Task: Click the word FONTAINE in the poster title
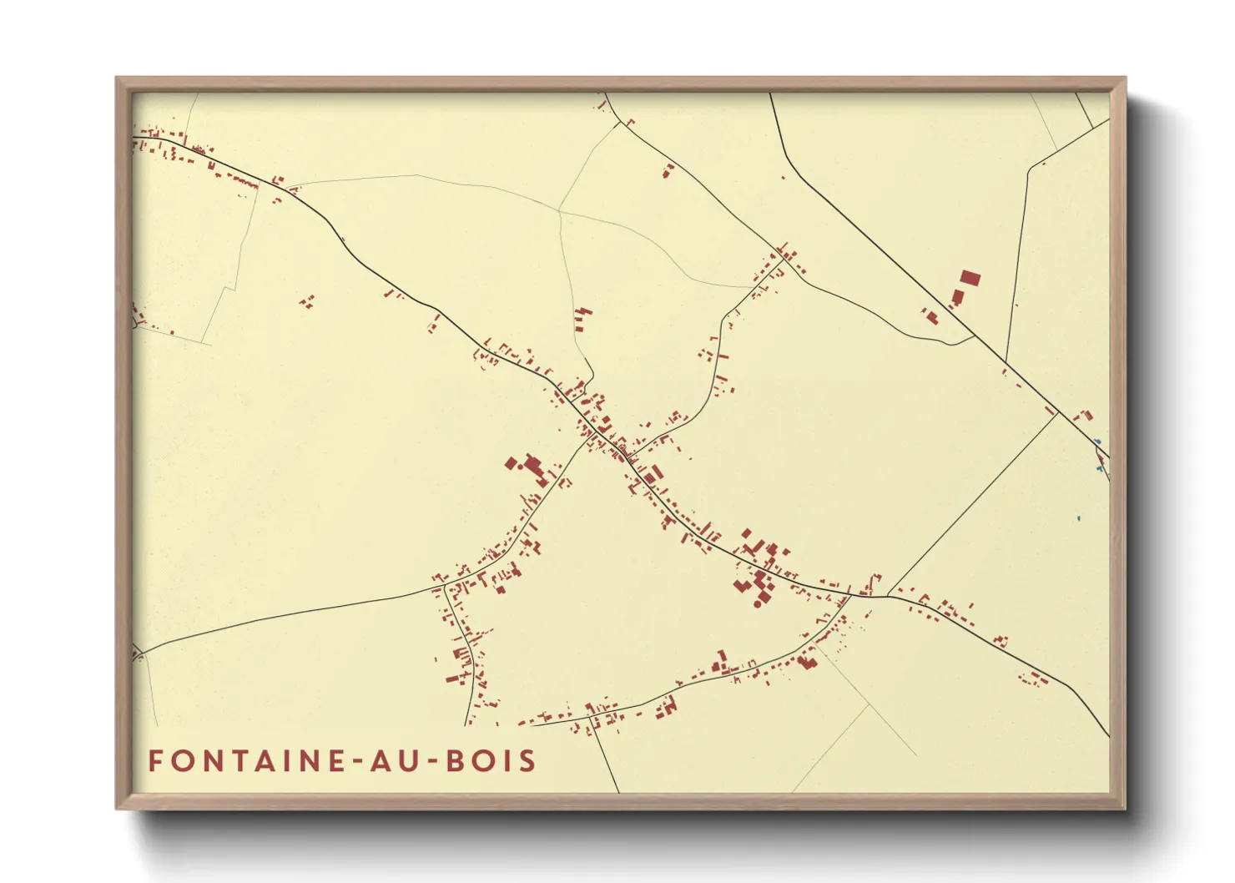(244, 760)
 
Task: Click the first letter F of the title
(155, 760)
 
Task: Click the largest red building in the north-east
(969, 279)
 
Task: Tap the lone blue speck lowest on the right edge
(1078, 518)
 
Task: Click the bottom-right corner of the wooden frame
(1124, 808)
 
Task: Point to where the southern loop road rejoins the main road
(850, 594)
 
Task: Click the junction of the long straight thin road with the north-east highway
(1058, 413)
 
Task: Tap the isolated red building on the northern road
(668, 171)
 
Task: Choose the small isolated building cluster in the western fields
(307, 301)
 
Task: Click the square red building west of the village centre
(511, 462)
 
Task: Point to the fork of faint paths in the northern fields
(558, 210)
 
